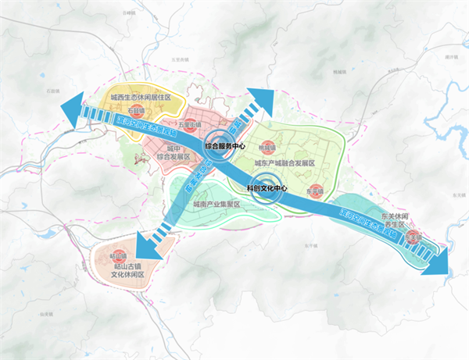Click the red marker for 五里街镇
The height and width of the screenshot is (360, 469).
[189, 125]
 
